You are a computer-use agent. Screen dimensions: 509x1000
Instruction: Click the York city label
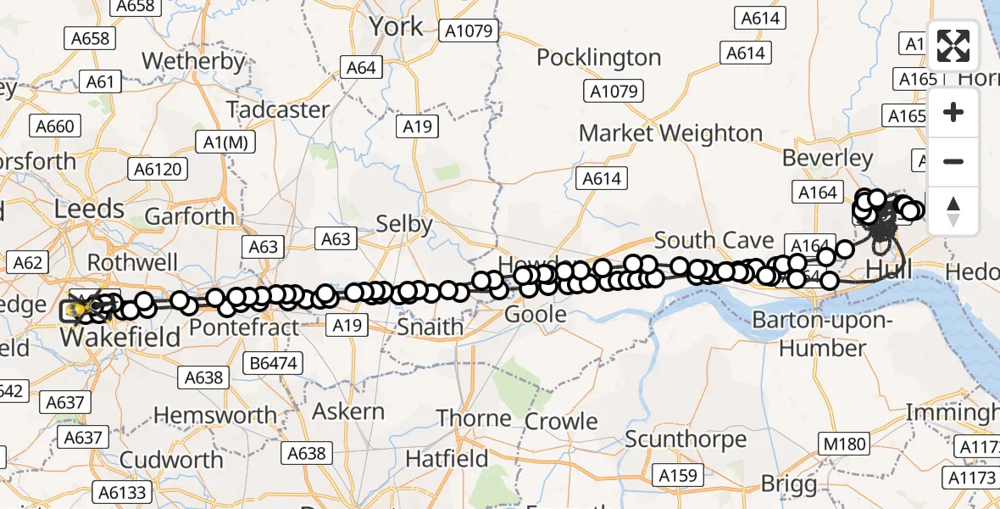pyautogui.click(x=396, y=27)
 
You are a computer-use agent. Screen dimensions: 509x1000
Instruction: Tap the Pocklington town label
pyautogui.click(x=599, y=58)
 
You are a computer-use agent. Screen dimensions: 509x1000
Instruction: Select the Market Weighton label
pyautogui.click(x=671, y=133)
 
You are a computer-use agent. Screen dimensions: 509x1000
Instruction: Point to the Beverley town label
pyautogui.click(x=827, y=158)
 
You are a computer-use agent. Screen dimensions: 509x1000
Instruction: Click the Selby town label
pyautogui.click(x=404, y=224)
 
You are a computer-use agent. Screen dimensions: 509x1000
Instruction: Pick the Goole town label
pyautogui.click(x=535, y=315)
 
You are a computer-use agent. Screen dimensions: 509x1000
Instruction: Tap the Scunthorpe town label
pyautogui.click(x=686, y=439)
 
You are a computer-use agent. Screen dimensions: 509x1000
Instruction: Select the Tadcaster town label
pyautogui.click(x=278, y=110)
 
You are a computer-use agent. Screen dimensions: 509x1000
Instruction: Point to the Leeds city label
pyautogui.click(x=89, y=208)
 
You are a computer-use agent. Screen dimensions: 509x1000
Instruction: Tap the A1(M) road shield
pyautogui.click(x=222, y=142)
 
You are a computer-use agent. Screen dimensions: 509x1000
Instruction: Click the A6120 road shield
pyautogui.click(x=158, y=170)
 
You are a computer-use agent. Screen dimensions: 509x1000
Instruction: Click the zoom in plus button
pyautogui.click(x=953, y=113)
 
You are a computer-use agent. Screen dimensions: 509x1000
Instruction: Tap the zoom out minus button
pyautogui.click(x=953, y=162)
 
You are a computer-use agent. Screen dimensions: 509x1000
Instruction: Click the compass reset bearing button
pyautogui.click(x=953, y=211)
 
